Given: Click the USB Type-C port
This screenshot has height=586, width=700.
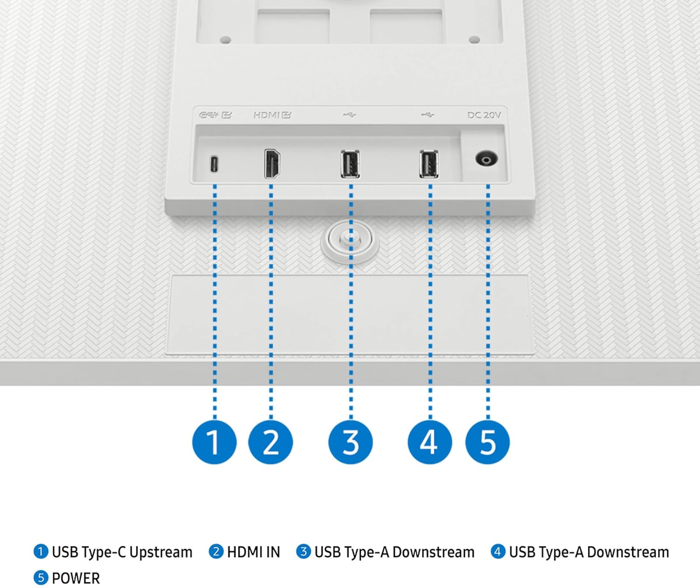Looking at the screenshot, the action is pos(214,164).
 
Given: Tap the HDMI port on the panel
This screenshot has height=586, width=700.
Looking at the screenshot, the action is pos(272,164).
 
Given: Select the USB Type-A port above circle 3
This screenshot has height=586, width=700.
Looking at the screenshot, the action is pos(350,164).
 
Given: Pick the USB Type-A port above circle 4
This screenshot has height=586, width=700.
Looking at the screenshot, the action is pos(429,164).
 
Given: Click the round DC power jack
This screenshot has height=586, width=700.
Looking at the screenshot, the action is pos(486,159).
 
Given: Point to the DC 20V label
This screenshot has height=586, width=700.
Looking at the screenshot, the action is pos(484,115).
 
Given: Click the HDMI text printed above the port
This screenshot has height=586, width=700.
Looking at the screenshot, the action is pos(266,115).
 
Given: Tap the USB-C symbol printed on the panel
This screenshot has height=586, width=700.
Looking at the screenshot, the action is pos(209,115).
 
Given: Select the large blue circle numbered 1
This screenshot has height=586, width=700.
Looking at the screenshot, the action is pos(214,442).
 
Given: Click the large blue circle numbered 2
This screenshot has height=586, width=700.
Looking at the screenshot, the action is pos(271,442).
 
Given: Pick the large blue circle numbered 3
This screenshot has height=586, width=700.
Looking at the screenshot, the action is pos(350,442).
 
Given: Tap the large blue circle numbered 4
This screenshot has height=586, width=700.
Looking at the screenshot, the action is pos(430,442).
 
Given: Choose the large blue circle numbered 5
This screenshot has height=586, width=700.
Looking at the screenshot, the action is pos(488,442).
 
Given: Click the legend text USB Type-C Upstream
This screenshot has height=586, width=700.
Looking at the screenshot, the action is pos(122,552).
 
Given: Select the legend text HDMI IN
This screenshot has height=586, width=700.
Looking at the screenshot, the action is pos(253,552).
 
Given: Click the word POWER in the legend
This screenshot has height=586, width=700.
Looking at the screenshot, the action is pos(76,578).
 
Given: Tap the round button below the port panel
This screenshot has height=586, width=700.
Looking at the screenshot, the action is pos(350,241).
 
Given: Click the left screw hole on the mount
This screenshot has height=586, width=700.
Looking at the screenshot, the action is pos(225,40).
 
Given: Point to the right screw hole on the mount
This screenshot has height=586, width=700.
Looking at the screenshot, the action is pos(474,40).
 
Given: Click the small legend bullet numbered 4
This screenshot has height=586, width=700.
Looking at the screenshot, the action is pos(497,551).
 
